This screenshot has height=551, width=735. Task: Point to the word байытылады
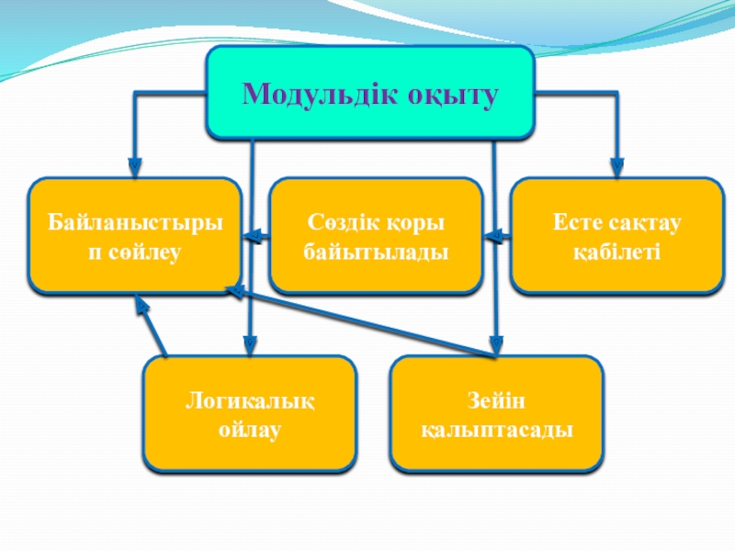click(x=376, y=250)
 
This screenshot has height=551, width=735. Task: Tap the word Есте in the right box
click(x=574, y=223)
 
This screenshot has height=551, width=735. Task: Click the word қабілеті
click(x=616, y=250)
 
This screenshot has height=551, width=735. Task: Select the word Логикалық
click(x=250, y=401)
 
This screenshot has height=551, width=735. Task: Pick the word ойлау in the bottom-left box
click(x=250, y=428)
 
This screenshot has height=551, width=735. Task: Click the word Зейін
click(x=497, y=401)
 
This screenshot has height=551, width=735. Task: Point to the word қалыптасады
click(x=497, y=428)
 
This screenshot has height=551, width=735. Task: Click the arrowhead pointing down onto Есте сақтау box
click(x=617, y=167)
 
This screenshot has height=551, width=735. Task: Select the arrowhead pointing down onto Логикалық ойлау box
click(x=250, y=346)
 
